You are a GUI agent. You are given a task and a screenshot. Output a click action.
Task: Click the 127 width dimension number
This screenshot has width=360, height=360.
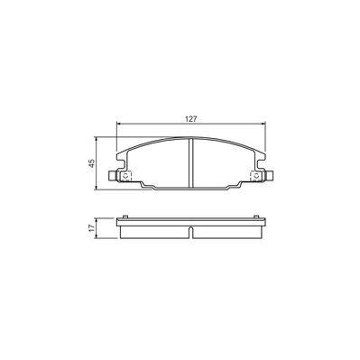pyautogui.click(x=191, y=115)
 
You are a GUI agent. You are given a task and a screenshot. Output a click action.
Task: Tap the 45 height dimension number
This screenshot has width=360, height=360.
pyautogui.click(x=90, y=162)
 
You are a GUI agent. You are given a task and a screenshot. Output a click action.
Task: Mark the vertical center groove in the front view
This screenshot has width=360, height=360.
pyautogui.click(x=191, y=162)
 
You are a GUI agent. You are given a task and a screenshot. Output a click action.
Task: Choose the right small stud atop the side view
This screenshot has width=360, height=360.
pyautogui.click(x=258, y=216)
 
